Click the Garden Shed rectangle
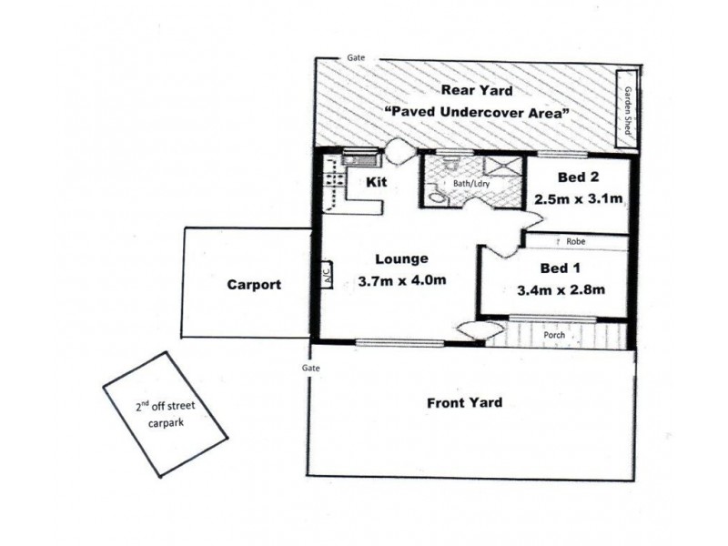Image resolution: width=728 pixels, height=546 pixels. [626, 109]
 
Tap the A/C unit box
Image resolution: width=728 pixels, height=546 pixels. [327, 275]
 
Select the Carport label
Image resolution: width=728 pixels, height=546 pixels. [254, 284]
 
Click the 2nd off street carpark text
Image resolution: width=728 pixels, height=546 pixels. [166, 414]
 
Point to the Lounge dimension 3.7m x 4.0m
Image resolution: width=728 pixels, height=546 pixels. [402, 280]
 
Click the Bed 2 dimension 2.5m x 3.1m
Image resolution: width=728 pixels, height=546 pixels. [578, 199]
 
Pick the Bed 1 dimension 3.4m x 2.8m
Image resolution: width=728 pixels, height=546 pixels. [561, 290]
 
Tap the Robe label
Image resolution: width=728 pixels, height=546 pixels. [576, 241]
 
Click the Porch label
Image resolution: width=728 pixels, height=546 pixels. [554, 335]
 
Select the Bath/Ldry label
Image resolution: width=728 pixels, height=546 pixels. [471, 184]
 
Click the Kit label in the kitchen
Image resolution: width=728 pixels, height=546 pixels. [377, 182]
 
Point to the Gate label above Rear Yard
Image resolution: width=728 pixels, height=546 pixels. [356, 57]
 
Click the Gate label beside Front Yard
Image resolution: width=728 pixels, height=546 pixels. [310, 368]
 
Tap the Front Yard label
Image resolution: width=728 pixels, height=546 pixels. [465, 402]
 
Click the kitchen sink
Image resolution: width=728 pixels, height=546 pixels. [360, 157]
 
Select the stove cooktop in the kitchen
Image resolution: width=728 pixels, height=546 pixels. [335, 179]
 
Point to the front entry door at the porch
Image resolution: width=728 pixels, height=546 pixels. [480, 330]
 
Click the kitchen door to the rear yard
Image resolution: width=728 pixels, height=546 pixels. [399, 150]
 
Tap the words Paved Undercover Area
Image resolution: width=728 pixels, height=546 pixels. [477, 112]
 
